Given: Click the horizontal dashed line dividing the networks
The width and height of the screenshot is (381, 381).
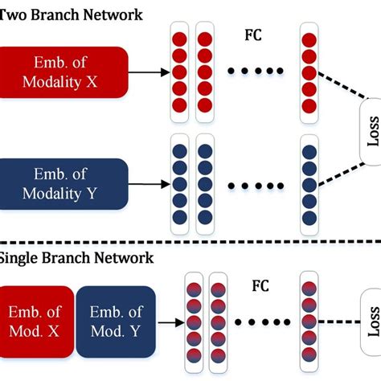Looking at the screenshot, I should [190, 242].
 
